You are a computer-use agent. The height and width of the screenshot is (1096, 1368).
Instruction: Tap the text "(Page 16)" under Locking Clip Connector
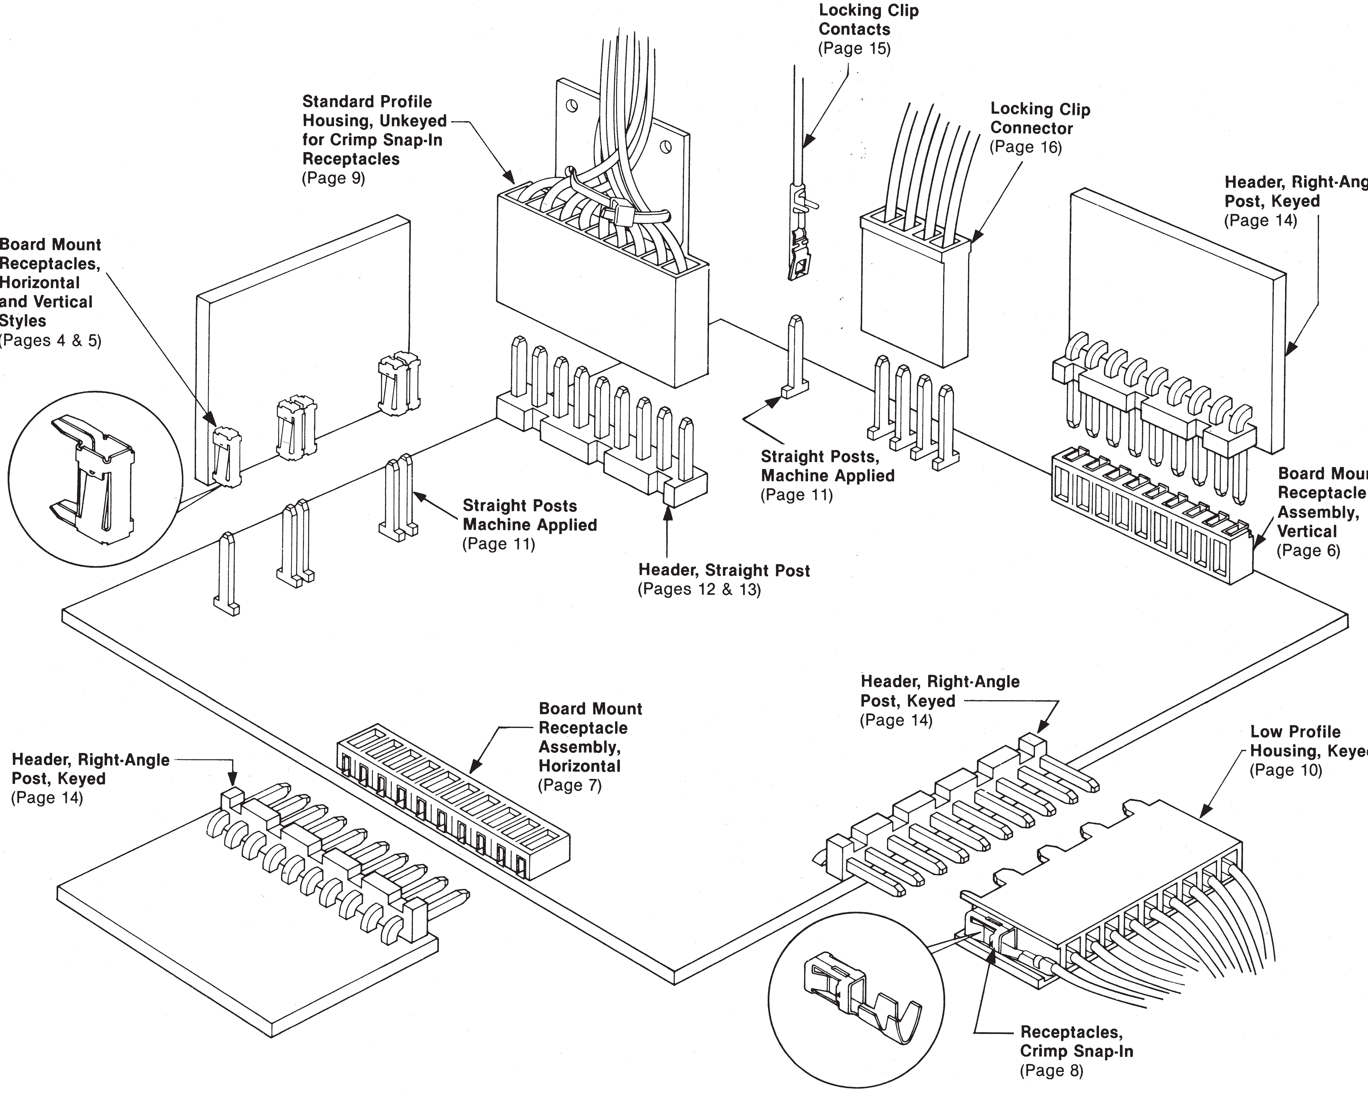[1025, 147]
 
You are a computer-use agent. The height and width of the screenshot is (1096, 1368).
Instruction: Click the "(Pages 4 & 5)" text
[51, 341]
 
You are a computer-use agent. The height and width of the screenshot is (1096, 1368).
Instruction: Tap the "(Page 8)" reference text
[1051, 1071]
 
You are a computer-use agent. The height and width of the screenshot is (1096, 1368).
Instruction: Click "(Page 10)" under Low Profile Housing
[1286, 771]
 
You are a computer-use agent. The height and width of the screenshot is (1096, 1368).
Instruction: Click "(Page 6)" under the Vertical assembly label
[1308, 551]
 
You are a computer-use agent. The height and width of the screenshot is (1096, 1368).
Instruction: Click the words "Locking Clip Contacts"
[868, 20]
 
